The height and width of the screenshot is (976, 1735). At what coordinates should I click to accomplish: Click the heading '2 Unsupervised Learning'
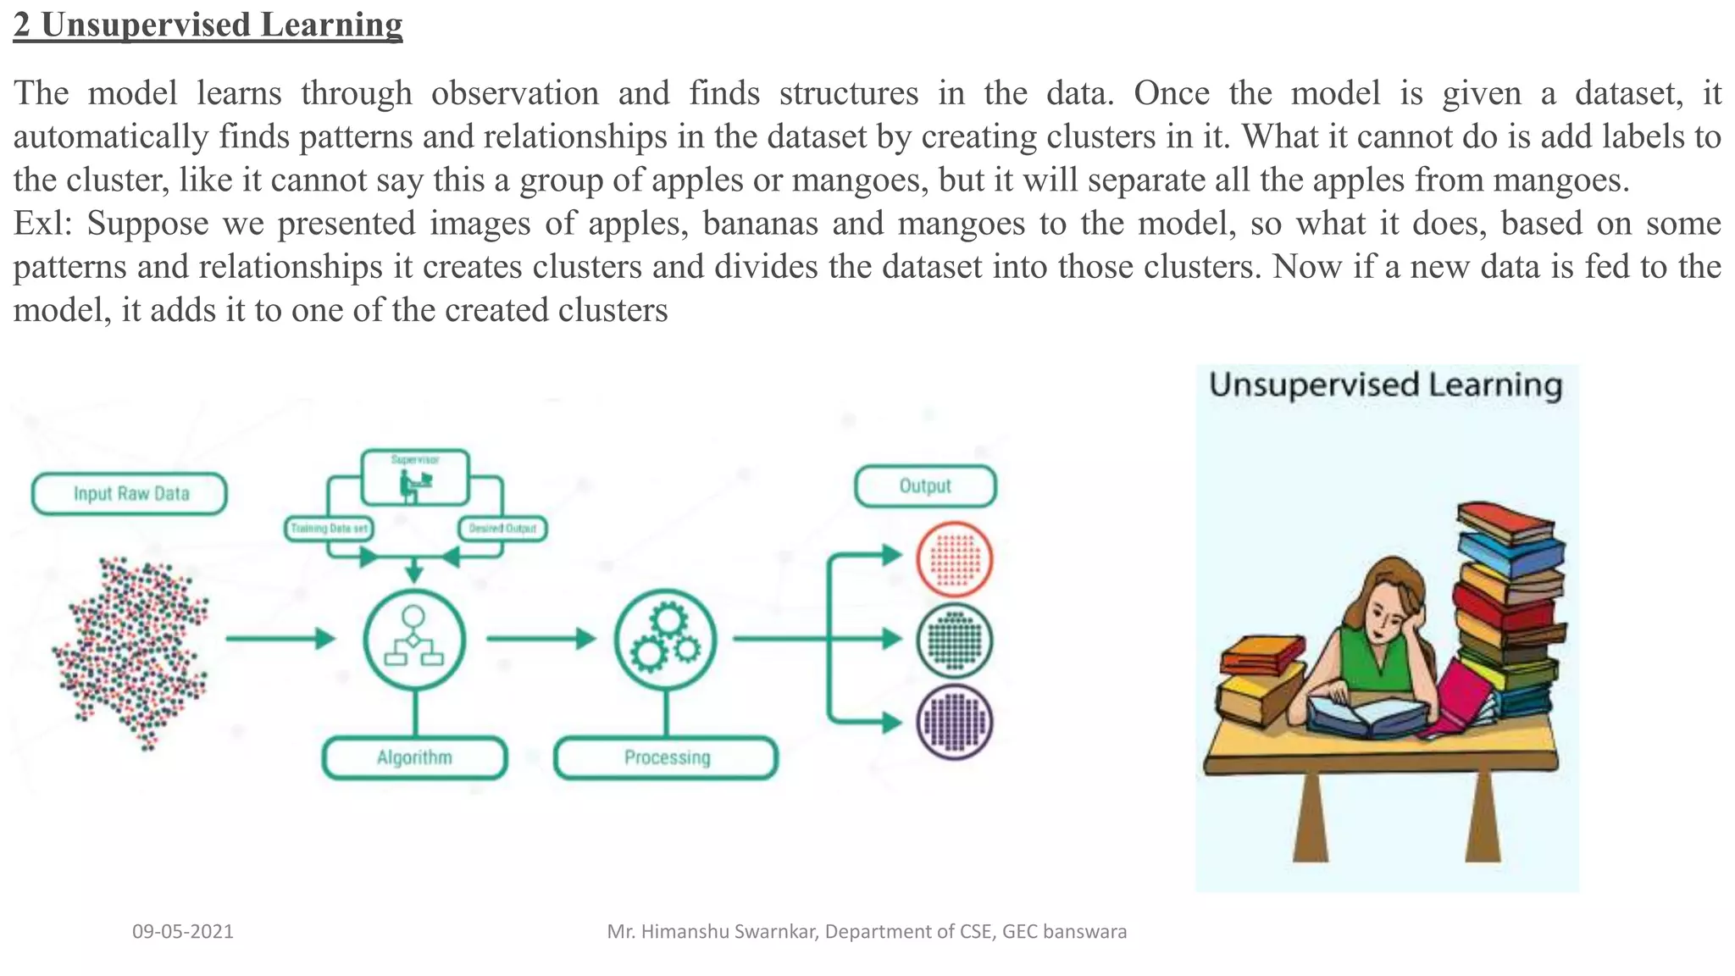click(208, 25)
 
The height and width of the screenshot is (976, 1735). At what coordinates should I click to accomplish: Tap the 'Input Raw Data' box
click(130, 494)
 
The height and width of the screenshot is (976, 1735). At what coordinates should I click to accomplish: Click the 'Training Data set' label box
click(329, 529)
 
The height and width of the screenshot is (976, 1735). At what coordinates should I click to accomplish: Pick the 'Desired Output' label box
click(502, 529)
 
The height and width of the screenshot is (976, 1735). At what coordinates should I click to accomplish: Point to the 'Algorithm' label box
click(414, 757)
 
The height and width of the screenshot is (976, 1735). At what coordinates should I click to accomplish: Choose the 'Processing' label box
click(666, 757)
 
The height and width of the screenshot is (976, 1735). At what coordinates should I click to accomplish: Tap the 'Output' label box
click(925, 486)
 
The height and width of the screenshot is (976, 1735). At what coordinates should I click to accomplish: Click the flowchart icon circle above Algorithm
click(414, 640)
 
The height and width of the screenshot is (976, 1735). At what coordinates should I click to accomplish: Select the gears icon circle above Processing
click(666, 640)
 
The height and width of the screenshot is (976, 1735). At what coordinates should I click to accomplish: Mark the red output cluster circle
click(955, 560)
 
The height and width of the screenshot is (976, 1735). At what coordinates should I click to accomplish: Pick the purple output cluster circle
click(955, 723)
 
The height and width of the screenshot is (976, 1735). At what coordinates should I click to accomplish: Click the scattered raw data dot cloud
click(131, 652)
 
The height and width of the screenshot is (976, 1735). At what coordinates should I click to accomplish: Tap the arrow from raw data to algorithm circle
click(280, 639)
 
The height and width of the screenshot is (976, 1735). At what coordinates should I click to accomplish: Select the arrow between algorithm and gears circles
click(540, 639)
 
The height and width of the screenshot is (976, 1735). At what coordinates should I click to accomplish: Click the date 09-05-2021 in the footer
click(183, 932)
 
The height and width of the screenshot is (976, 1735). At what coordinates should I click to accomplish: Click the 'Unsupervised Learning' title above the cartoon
click(1385, 385)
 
